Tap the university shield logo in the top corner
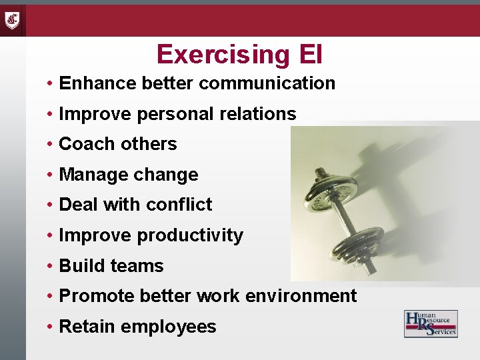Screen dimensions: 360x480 [13, 19]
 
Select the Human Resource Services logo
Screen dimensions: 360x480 [431, 323]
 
